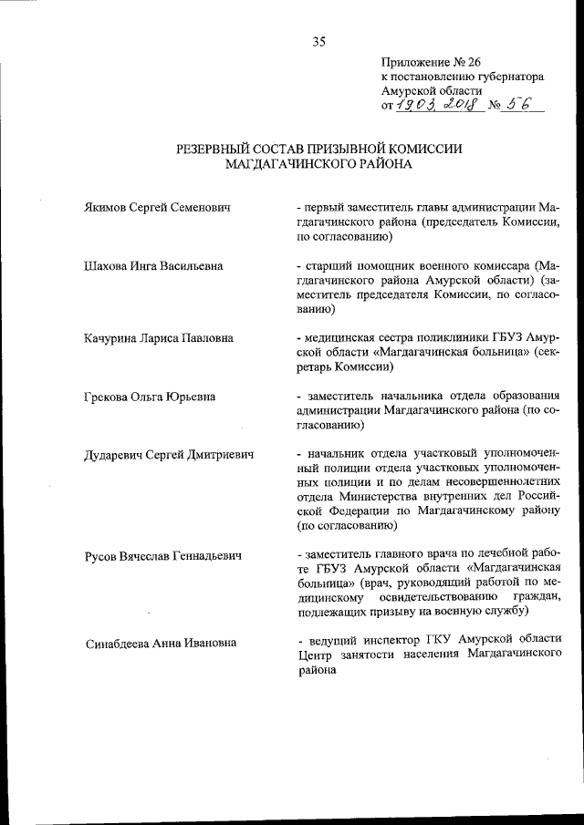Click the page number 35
point(318,40)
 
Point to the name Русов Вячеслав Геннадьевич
point(162,553)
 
